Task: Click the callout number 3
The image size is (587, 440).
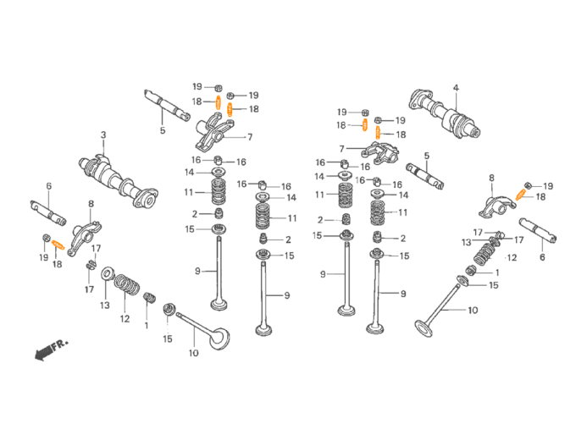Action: (x=103, y=135)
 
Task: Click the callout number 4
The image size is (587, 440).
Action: (x=456, y=88)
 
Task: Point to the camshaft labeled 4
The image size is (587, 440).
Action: (x=445, y=113)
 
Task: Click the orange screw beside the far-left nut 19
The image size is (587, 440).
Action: (x=58, y=245)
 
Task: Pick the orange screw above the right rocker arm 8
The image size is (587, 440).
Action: (x=521, y=195)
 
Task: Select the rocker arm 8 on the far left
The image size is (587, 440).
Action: (x=85, y=239)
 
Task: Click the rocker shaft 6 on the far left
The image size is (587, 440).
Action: (x=48, y=213)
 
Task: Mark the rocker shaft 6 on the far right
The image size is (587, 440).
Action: (x=538, y=230)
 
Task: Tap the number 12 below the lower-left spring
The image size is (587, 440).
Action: (x=125, y=318)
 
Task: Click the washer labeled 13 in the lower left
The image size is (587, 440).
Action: (x=108, y=273)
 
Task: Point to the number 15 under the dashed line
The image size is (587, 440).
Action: (x=168, y=338)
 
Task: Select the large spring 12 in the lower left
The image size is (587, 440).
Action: (x=126, y=285)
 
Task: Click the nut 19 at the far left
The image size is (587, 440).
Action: (x=47, y=238)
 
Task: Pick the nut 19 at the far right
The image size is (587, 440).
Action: (x=528, y=185)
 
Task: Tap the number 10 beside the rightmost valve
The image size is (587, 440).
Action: (x=473, y=311)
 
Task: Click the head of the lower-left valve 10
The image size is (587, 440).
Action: (x=219, y=338)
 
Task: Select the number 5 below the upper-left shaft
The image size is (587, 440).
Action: (x=162, y=130)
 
